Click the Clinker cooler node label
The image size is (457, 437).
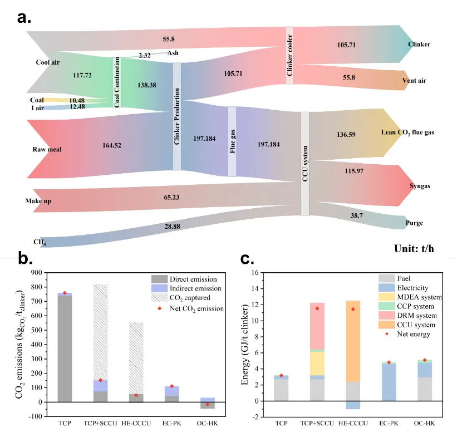click(x=289, y=56)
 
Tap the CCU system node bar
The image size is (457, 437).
click(x=304, y=163)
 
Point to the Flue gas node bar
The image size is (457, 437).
click(x=232, y=141)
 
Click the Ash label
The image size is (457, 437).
click(x=173, y=53)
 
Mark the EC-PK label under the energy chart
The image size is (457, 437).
click(x=389, y=423)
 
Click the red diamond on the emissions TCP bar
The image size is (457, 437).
click(x=66, y=293)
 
